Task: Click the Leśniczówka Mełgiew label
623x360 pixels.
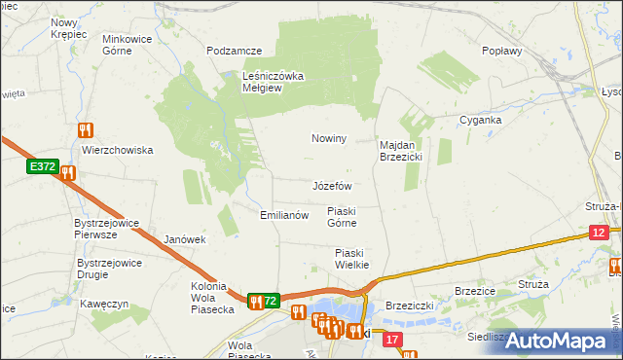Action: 275,81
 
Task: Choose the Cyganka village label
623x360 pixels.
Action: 480,120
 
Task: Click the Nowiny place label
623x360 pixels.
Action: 329,138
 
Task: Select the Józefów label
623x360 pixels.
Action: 331,185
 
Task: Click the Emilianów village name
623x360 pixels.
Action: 283,215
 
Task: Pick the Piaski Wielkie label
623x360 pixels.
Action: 347,258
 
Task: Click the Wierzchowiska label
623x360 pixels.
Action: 118,150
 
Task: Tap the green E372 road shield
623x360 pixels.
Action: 42,167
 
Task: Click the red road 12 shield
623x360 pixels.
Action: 599,232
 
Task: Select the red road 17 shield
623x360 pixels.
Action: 392,340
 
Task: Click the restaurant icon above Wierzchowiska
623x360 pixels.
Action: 86,129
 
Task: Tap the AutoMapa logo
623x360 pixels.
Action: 556,341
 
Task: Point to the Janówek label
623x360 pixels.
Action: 185,239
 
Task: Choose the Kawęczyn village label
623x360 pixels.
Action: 106,304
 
